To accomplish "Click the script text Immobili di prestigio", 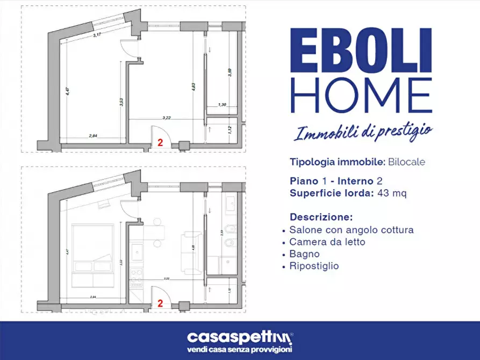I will tap(363, 131).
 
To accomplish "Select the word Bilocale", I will tap(407, 162).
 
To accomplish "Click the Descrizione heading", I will tap(321, 218).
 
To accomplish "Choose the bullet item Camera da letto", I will tap(327, 242).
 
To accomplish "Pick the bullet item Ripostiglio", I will tap(314, 266).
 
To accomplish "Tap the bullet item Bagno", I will tap(304, 254).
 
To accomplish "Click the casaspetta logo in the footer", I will tap(240, 337).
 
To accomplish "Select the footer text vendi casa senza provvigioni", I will tap(240, 350).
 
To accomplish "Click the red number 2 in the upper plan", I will tap(160, 143).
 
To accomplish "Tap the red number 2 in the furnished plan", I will tap(160, 303).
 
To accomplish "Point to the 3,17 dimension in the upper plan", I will tap(97, 35).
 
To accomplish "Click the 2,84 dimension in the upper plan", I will tap(94, 136).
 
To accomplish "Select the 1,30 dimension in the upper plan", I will tap(222, 105).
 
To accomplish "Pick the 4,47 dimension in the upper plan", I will tap(67, 91).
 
